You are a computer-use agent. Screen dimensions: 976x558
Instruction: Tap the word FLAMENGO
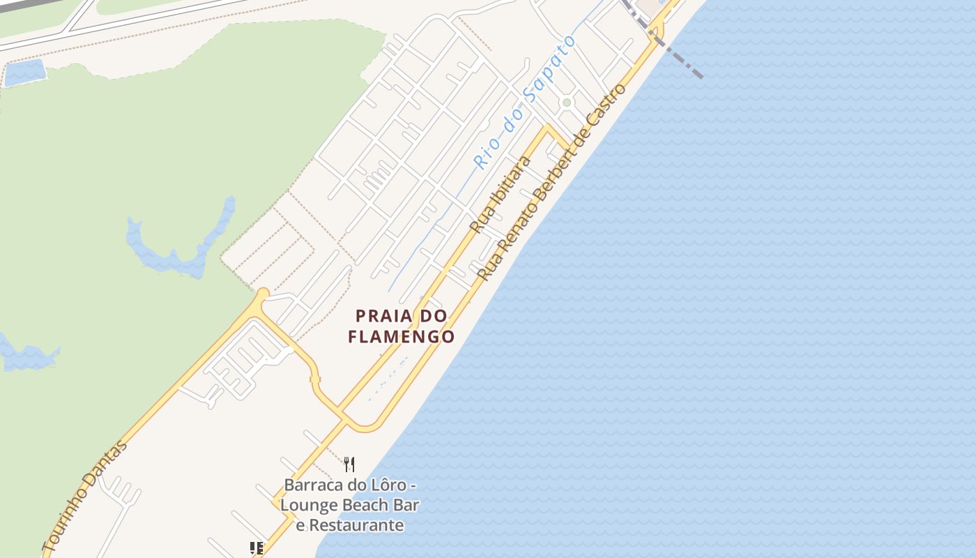coord(401,337)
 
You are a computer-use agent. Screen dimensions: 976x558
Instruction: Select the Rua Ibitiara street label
coord(500,195)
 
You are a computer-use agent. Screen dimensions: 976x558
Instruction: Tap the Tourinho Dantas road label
coord(85,497)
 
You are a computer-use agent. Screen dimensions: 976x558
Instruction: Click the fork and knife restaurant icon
coord(349,464)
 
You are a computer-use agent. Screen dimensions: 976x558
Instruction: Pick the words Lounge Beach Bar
coord(350,504)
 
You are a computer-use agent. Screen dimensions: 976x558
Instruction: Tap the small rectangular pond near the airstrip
coord(25,72)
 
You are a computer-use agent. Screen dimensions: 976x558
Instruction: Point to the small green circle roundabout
coord(567,103)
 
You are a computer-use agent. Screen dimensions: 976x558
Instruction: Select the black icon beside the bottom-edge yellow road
coord(256,548)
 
